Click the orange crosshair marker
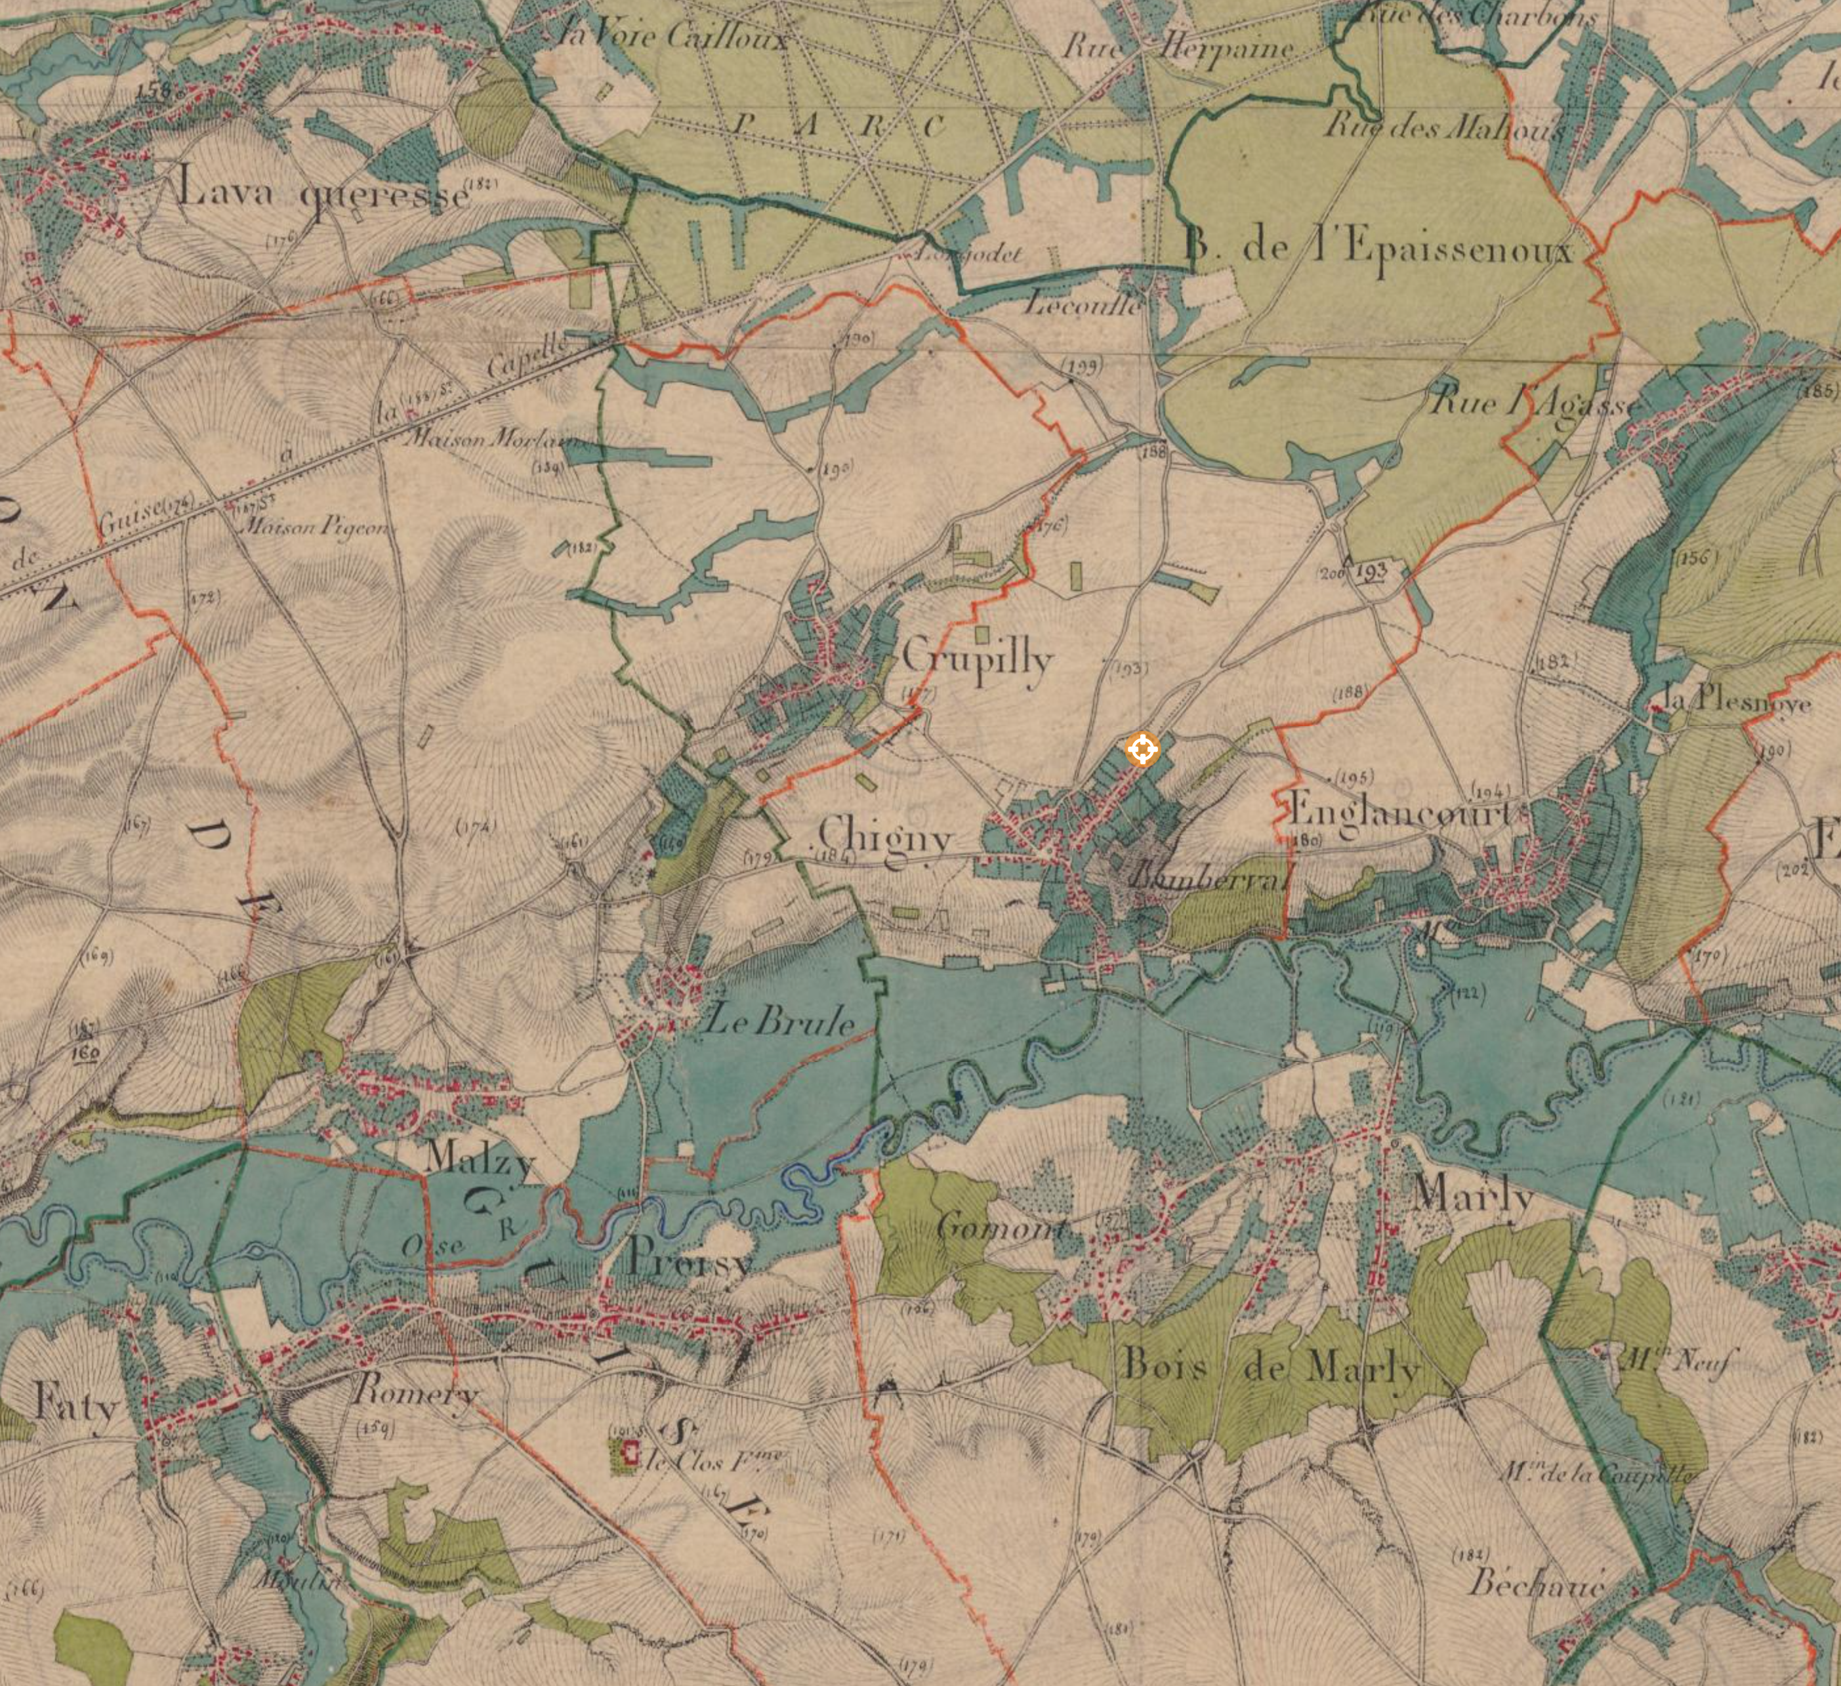tap(1142, 750)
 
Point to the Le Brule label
tap(781, 1020)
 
